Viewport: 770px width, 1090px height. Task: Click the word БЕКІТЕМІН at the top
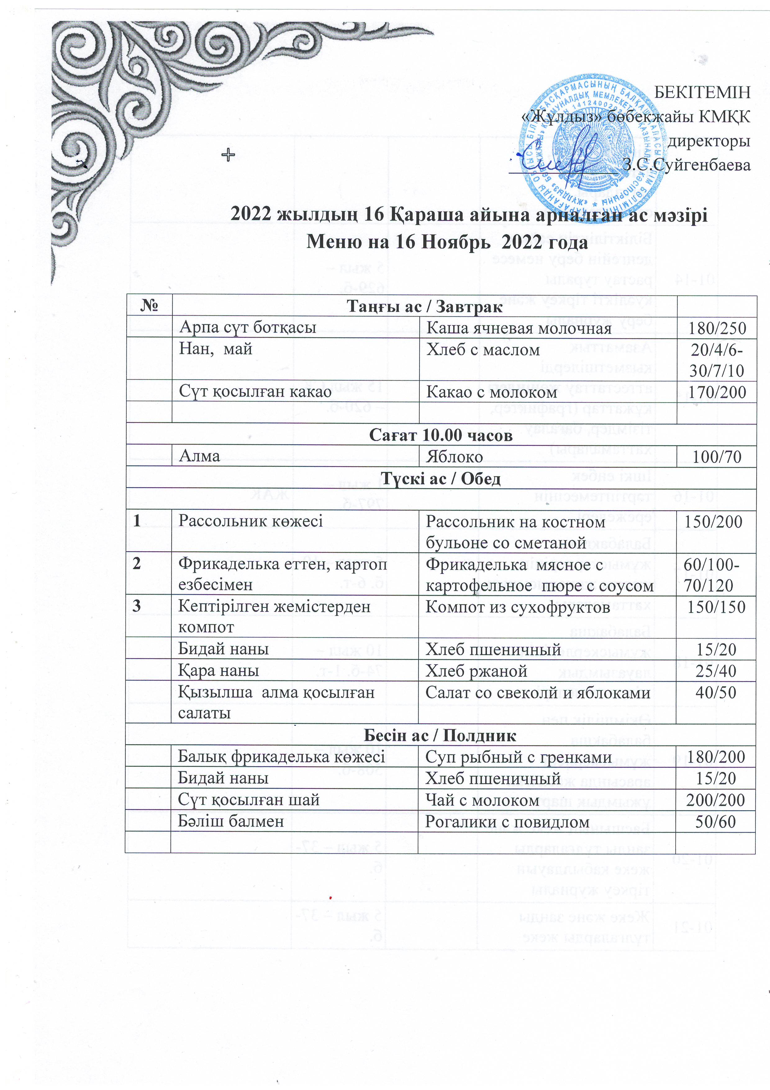(x=702, y=92)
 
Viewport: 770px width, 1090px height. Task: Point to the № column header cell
(x=149, y=306)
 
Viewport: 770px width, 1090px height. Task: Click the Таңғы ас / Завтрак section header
(x=425, y=307)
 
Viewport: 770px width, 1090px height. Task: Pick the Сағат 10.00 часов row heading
(x=441, y=435)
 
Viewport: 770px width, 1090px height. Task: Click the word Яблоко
(x=454, y=457)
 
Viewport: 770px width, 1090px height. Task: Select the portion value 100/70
(x=717, y=457)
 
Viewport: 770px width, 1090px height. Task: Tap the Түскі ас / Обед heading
(x=441, y=479)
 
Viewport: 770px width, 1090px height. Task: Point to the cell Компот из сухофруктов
(x=518, y=607)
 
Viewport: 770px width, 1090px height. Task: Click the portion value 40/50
(x=716, y=692)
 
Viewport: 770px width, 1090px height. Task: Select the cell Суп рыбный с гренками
(x=518, y=757)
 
